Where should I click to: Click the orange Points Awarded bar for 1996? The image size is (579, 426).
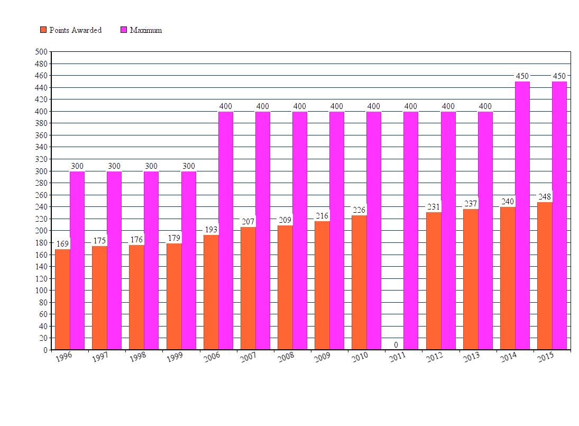tap(62, 299)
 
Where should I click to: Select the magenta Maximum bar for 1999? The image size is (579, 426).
tap(189, 260)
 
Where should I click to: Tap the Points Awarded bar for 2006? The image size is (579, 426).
tap(211, 292)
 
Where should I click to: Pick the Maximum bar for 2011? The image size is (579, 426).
tap(411, 230)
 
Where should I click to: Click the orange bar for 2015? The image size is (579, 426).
tap(545, 276)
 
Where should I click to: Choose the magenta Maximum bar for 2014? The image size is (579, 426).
tap(522, 215)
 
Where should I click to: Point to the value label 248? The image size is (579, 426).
tap(545, 197)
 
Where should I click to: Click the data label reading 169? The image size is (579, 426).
tap(62, 244)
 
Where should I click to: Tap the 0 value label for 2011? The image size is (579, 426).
tap(396, 345)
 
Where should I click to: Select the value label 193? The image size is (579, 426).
tap(211, 230)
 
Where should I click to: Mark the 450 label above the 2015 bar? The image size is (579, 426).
tap(559, 76)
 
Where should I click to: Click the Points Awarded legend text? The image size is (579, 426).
tap(76, 30)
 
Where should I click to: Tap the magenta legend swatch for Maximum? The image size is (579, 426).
tap(124, 30)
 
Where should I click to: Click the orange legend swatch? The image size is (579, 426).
tap(43, 30)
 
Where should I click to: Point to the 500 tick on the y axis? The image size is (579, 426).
tap(41, 52)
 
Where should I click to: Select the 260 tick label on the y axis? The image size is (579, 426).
tap(41, 195)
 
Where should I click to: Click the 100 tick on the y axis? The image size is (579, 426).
tap(41, 291)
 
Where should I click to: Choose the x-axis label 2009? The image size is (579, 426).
tap(322, 357)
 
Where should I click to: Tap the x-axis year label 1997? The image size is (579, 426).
tap(99, 357)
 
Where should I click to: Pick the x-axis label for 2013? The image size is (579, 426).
tap(471, 357)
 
